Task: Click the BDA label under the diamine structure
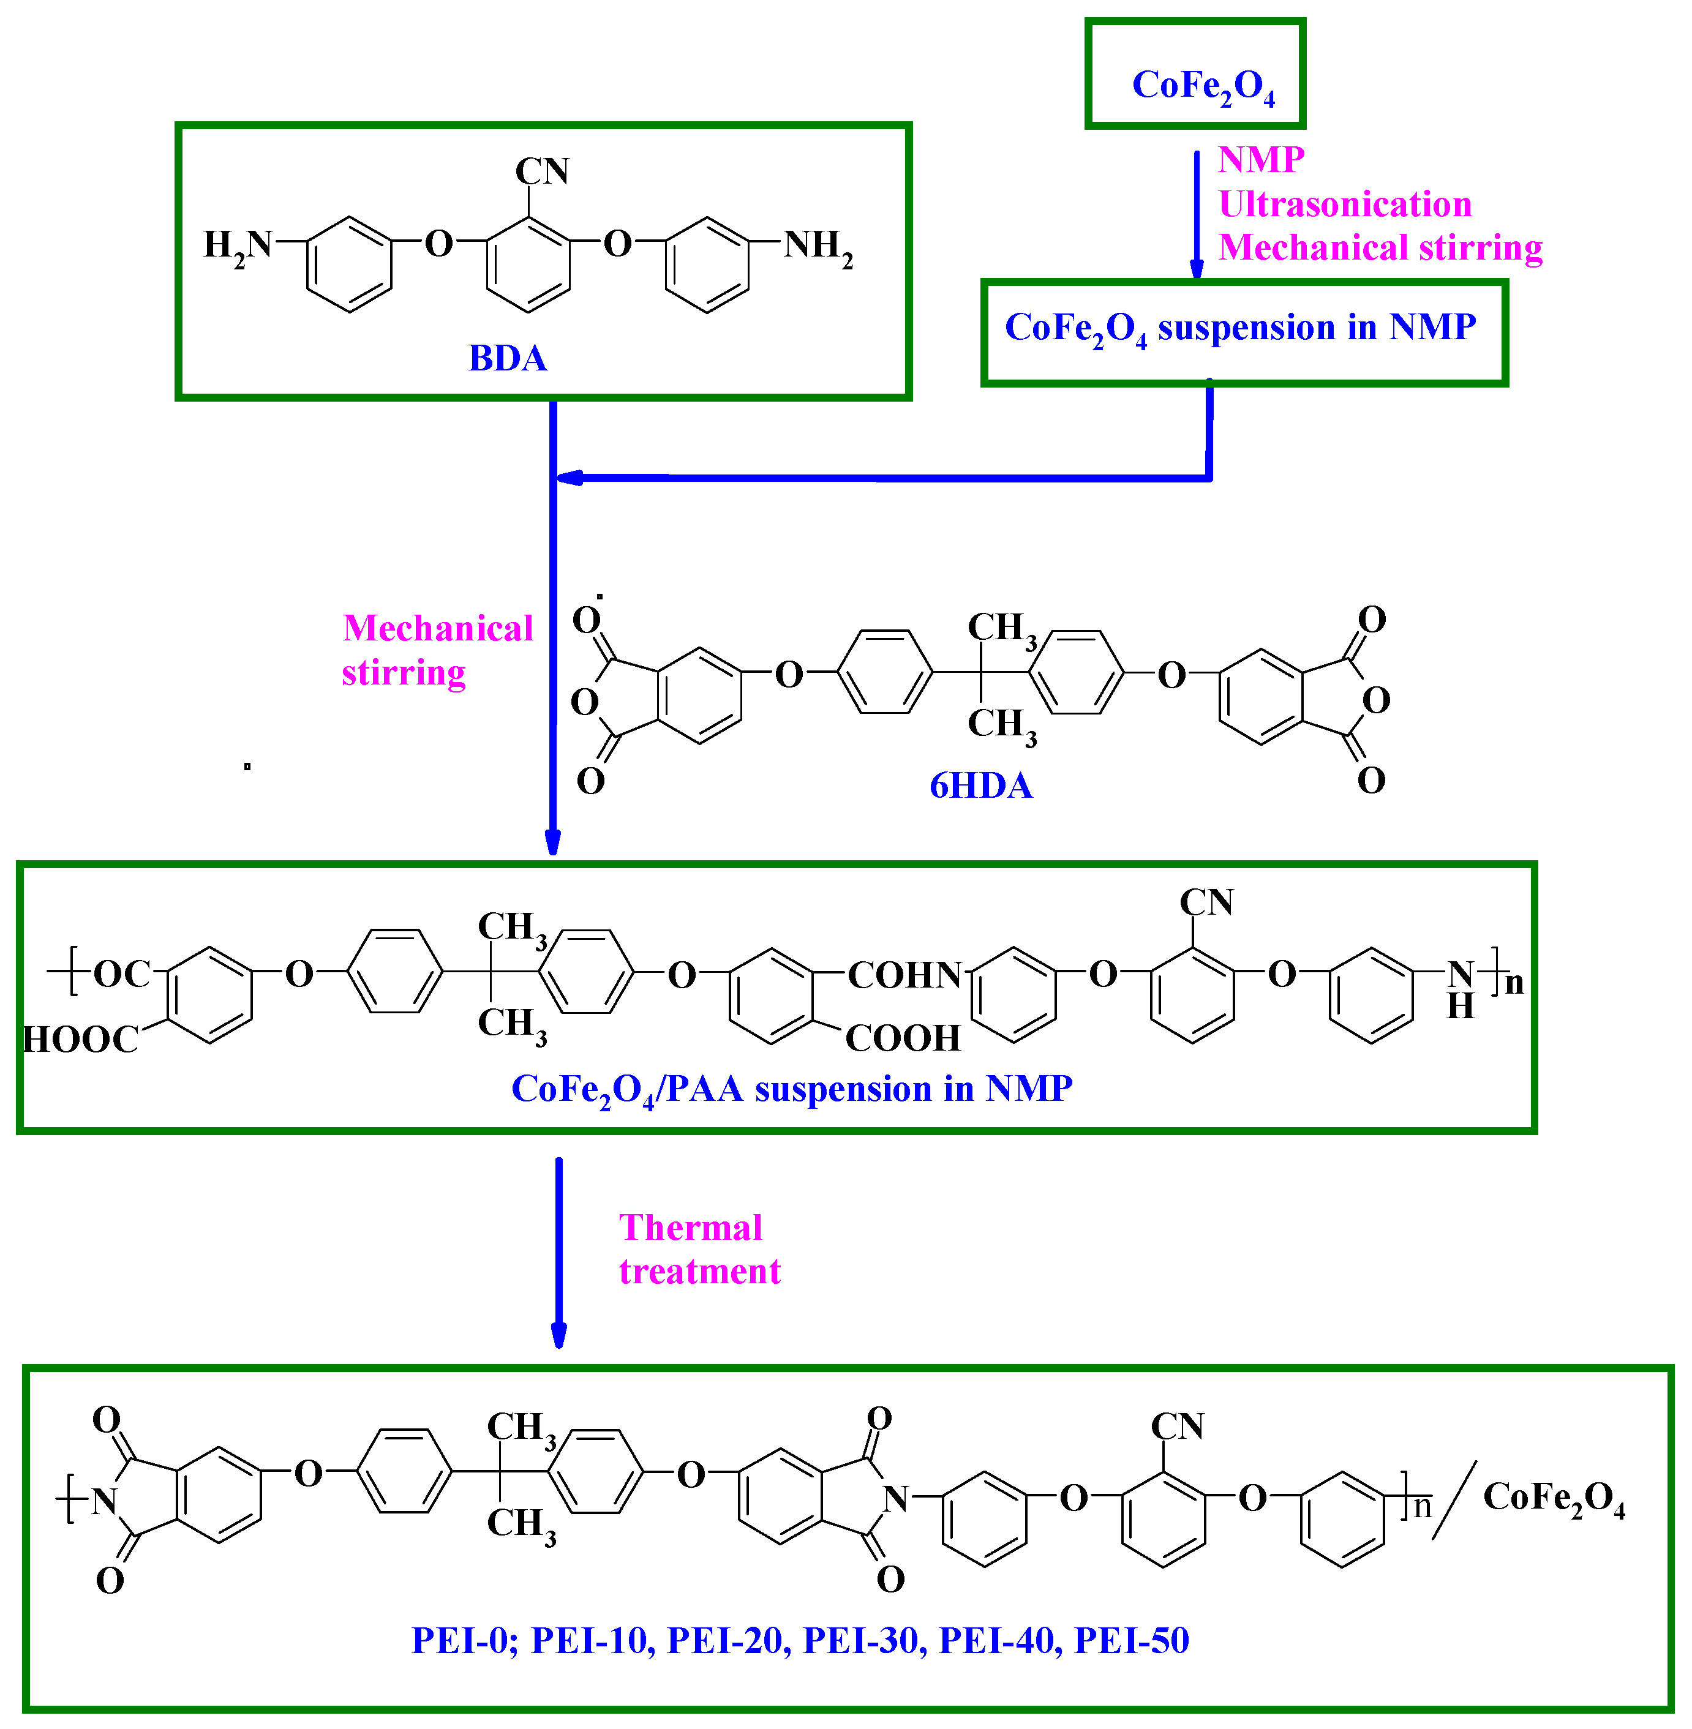[508, 358]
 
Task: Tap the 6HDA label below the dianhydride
[980, 786]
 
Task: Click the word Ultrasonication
[1345, 204]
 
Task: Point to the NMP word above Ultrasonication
[1260, 160]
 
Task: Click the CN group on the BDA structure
[542, 171]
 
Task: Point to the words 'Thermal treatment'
[699, 1249]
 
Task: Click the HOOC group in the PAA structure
[81, 1038]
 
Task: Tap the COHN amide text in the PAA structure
[904, 975]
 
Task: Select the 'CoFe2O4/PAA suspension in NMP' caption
[791, 1089]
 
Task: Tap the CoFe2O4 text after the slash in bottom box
[1554, 1498]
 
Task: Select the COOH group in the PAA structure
[903, 1038]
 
